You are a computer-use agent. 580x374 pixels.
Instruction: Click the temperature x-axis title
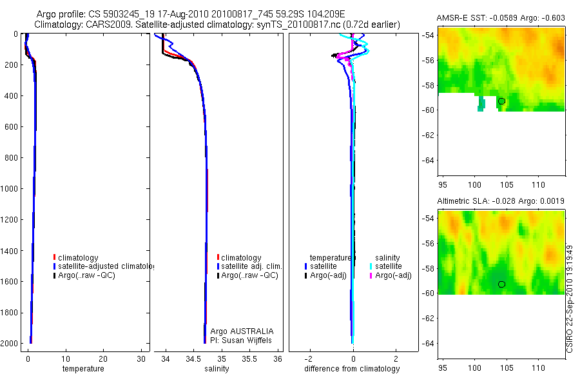[82, 369]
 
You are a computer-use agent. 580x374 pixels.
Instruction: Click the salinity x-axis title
[216, 369]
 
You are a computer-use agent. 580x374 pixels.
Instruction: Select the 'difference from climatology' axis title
[352, 369]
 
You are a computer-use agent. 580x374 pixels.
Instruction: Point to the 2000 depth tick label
[9, 344]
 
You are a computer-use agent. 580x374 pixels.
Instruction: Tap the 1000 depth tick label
[9, 189]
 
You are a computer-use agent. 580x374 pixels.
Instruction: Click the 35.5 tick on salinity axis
[250, 359]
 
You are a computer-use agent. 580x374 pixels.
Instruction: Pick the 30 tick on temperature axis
[140, 359]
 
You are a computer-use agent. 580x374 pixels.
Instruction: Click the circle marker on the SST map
[501, 101]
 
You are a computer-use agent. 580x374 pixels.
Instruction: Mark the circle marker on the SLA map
[501, 284]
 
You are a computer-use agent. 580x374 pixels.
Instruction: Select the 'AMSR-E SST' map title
[459, 17]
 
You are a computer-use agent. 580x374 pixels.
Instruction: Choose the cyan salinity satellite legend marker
[372, 266]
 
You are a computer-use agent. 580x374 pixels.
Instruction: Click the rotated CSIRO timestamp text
[570, 297]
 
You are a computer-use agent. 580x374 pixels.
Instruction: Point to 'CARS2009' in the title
[102, 25]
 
